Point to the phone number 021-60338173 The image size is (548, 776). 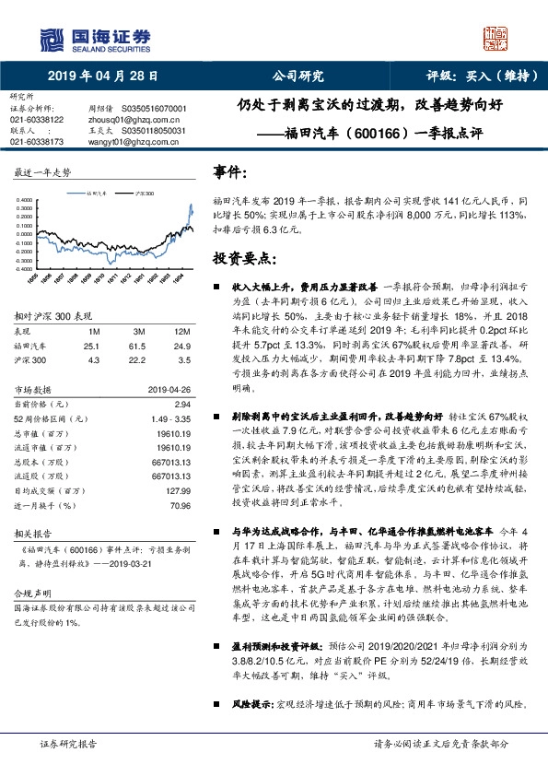[x=37, y=142]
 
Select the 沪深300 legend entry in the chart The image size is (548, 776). [x=143, y=195]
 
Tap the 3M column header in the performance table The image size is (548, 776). [x=138, y=332]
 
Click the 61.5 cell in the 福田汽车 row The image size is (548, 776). [x=138, y=345]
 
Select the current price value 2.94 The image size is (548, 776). [x=181, y=405]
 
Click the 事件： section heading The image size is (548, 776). [x=230, y=172]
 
